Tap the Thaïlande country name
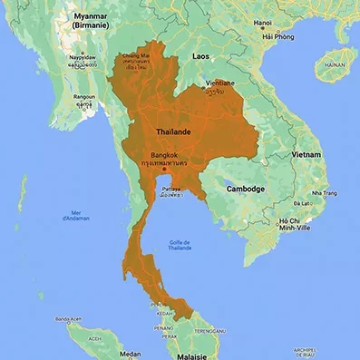click(174, 132)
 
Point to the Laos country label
click(201, 56)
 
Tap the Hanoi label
click(263, 23)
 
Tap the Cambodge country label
click(245, 189)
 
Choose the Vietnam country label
click(306, 155)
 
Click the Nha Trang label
click(324, 193)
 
